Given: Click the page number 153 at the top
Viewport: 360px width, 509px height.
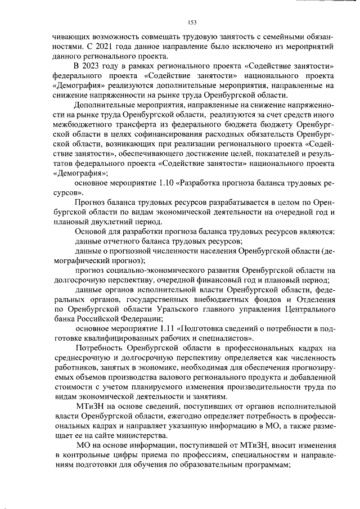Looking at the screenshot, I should click(192, 22).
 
